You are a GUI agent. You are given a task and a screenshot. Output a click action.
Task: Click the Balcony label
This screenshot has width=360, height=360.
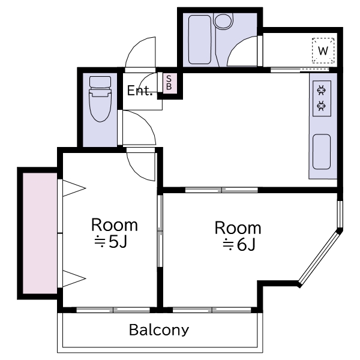click(159, 330)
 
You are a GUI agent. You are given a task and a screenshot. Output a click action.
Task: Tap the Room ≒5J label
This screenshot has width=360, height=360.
click(115, 233)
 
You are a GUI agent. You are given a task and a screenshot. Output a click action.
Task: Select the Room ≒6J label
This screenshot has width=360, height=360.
click(238, 236)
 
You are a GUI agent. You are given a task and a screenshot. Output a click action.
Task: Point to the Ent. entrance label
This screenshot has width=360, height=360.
click(140, 91)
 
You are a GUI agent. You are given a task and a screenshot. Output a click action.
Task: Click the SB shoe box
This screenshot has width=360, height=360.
click(169, 83)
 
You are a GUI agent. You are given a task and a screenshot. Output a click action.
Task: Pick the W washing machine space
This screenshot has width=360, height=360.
click(323, 50)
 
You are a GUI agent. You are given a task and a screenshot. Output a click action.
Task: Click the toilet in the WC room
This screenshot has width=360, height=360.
click(100, 99)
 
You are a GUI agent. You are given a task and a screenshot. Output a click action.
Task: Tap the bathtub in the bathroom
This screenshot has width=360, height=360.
click(200, 40)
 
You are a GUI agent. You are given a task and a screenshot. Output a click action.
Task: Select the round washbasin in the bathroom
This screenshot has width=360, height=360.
click(223, 21)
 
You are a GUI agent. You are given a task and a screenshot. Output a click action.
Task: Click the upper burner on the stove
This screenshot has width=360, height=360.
click(322, 90)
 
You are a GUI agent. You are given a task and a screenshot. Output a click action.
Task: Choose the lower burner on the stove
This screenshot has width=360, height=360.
click(322, 106)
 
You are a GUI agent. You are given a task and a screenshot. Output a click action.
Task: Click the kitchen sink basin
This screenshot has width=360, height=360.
click(322, 152)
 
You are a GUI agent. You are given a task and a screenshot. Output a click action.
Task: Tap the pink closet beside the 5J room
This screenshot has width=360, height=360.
click(40, 233)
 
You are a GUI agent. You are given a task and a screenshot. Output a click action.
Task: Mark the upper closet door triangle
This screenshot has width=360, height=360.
click(74, 188)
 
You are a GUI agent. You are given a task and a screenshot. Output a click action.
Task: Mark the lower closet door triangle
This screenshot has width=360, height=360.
click(74, 279)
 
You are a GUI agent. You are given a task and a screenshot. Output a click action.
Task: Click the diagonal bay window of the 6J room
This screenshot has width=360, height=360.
click(320, 259)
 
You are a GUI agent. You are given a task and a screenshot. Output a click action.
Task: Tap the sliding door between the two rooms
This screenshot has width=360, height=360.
click(160, 231)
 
